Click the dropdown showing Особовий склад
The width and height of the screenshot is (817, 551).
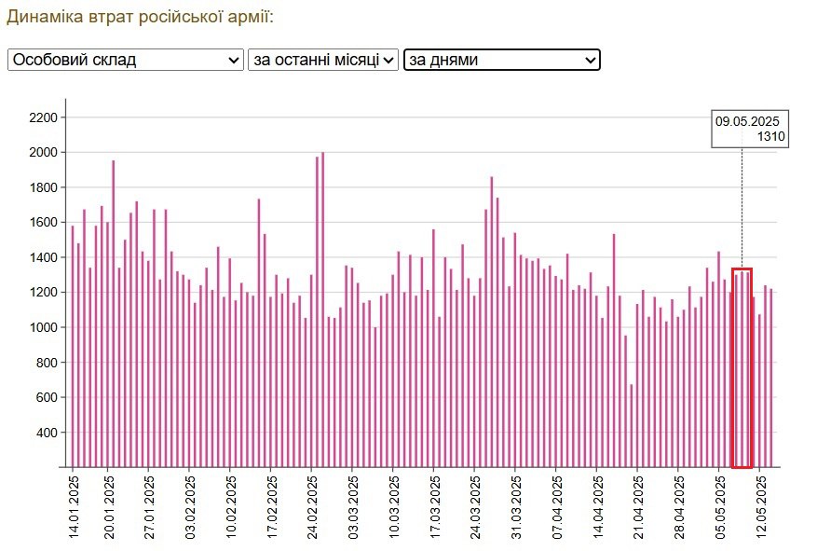pyautogui.click(x=125, y=60)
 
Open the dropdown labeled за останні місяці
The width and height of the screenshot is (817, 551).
pyautogui.click(x=322, y=60)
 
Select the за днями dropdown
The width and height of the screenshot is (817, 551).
pyautogui.click(x=501, y=60)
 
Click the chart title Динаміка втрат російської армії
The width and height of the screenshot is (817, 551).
pyautogui.click(x=140, y=17)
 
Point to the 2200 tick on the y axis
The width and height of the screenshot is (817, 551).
pyautogui.click(x=43, y=117)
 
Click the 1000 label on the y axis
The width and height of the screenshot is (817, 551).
pyautogui.click(x=43, y=327)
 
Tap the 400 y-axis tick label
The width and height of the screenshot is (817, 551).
pyautogui.click(x=46, y=433)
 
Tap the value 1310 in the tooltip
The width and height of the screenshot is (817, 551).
pyautogui.click(x=770, y=137)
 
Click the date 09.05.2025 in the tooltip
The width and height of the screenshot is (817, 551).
pyautogui.click(x=746, y=121)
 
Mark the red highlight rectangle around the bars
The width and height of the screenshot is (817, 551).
pyautogui.click(x=742, y=270)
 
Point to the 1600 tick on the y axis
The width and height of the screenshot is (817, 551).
pyautogui.click(x=43, y=223)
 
